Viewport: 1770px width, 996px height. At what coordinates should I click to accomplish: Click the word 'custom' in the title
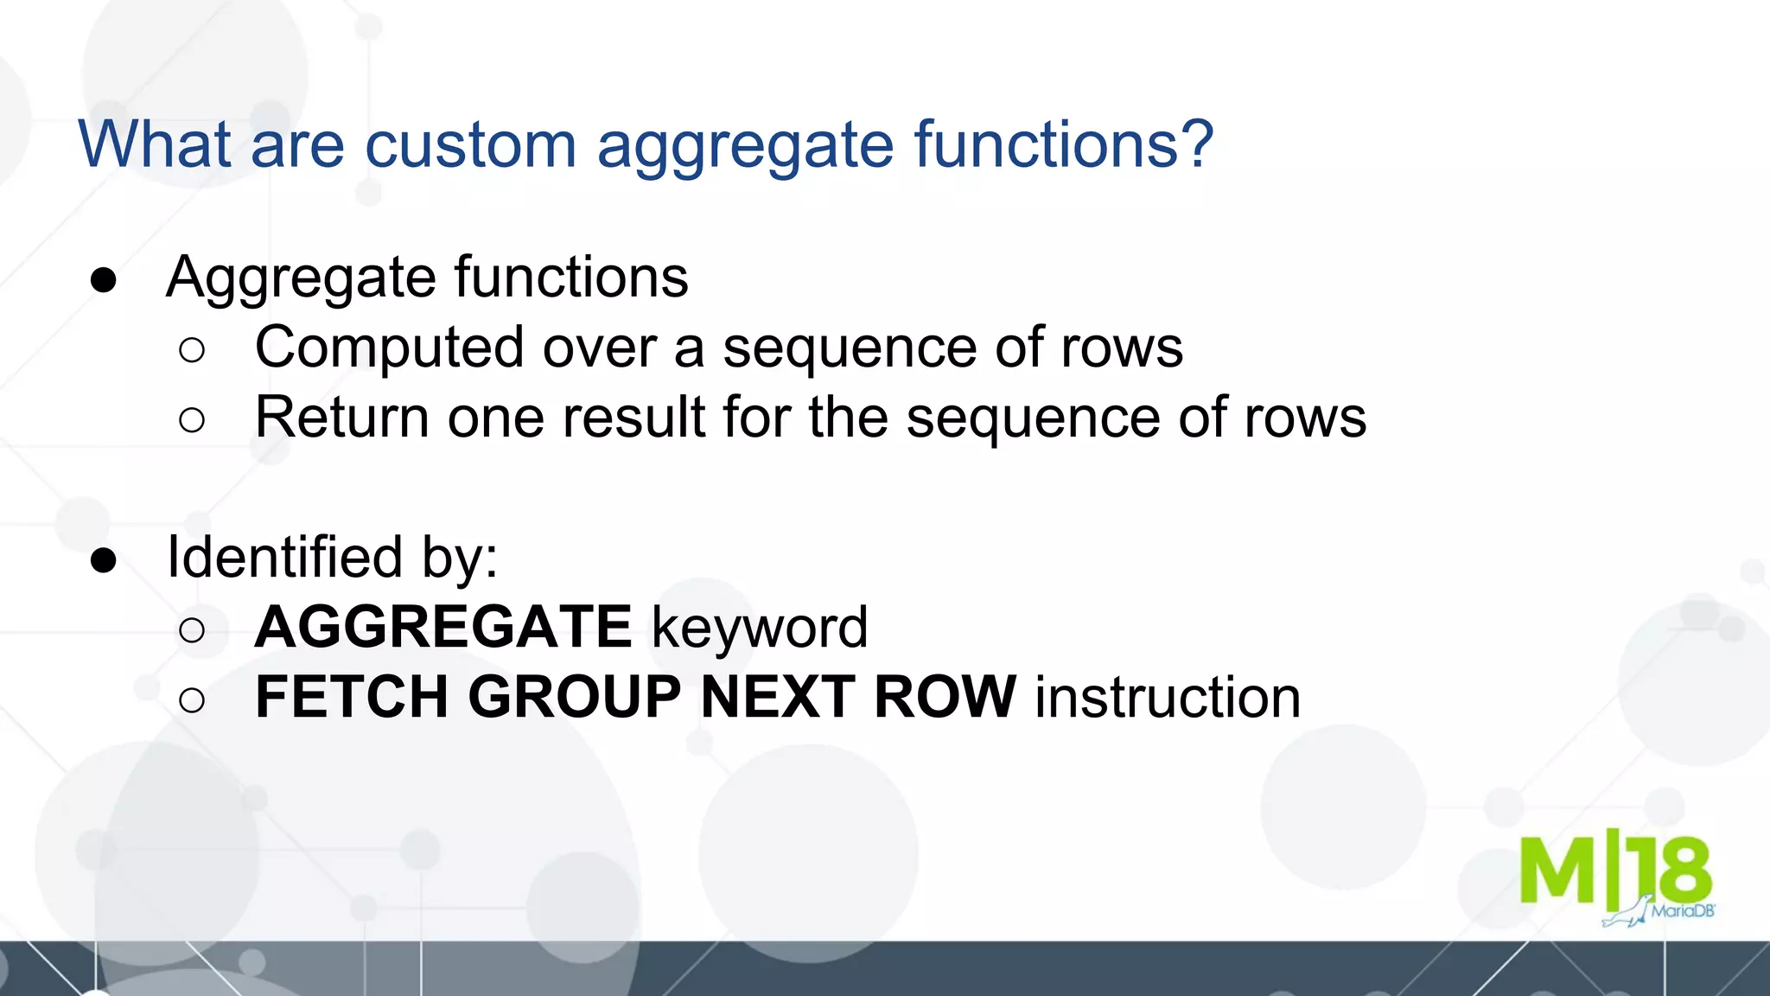coord(470,144)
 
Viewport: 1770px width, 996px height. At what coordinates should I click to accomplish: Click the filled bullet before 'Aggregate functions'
coord(104,280)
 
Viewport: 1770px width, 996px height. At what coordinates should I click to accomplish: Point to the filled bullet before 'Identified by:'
coord(104,560)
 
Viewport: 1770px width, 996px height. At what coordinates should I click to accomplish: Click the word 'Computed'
coord(390,348)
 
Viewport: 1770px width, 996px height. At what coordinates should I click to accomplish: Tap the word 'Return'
coord(341,418)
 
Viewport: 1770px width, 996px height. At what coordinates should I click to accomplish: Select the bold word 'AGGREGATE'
coord(443,627)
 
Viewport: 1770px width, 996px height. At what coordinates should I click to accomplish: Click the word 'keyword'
coord(760,628)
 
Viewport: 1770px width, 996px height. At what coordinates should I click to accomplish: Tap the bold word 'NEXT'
coord(777,697)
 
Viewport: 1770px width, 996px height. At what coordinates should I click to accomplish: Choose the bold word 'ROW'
coord(945,697)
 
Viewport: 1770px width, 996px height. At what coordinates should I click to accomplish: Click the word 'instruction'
coord(1168,697)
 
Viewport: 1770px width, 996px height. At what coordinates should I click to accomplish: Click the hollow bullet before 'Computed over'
coord(192,350)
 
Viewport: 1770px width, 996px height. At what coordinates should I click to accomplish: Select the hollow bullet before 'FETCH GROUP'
coord(192,699)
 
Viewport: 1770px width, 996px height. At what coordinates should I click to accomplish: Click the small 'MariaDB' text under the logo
coord(1683,910)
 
